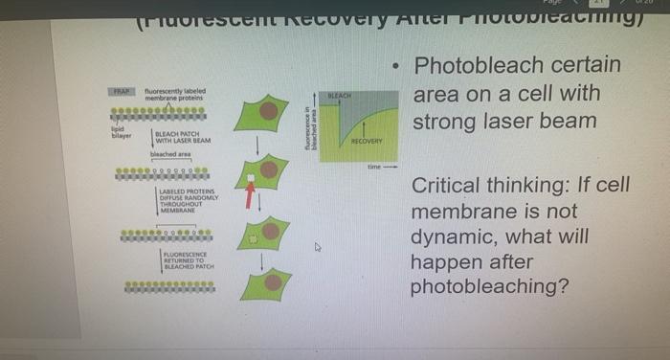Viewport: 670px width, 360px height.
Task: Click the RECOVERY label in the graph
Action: (x=367, y=142)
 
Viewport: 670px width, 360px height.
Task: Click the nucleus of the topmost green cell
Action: (x=271, y=110)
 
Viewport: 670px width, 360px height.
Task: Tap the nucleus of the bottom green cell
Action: (x=273, y=281)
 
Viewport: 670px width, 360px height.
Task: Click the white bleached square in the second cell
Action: (x=252, y=179)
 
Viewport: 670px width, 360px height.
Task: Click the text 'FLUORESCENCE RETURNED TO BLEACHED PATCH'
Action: (x=190, y=260)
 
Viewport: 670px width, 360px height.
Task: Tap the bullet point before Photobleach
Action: (x=395, y=67)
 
